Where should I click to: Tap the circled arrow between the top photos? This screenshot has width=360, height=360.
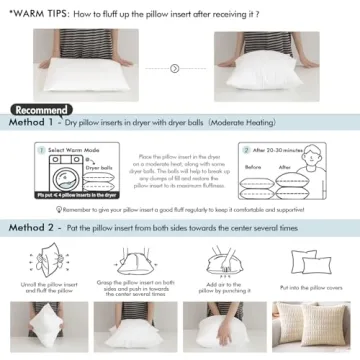[x=175, y=68]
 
